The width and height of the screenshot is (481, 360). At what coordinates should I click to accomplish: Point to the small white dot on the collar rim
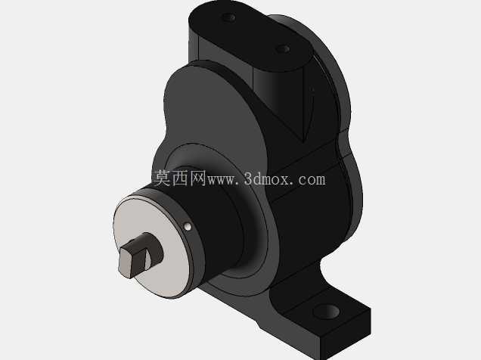[x=188, y=227]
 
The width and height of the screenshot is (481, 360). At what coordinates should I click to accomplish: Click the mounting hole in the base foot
[x=327, y=312]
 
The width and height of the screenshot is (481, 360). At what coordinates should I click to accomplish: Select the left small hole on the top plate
[x=229, y=17]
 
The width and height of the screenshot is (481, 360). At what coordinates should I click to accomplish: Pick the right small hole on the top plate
[x=283, y=49]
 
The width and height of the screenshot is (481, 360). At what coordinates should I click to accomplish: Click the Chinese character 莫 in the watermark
[x=161, y=178]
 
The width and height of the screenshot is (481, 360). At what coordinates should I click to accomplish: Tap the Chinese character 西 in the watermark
[x=180, y=178]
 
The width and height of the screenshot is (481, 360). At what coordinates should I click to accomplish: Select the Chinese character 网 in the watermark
[x=198, y=178]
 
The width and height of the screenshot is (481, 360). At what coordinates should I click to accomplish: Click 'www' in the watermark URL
[x=222, y=181]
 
